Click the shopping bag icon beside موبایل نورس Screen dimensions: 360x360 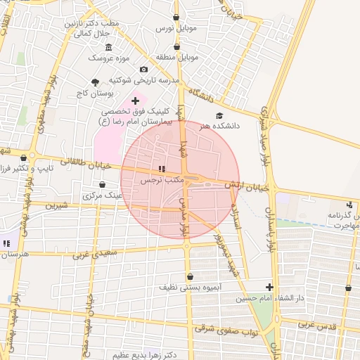(176, 17)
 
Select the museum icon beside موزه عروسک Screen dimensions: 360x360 (108, 47)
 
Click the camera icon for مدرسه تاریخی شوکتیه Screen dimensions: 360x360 (144, 69)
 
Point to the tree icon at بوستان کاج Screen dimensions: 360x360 (95, 82)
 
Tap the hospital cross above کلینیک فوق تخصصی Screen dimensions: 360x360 (135, 101)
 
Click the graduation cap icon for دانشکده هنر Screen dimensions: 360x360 (219, 115)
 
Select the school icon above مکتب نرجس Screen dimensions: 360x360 (162, 169)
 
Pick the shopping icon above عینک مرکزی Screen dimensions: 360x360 (103, 185)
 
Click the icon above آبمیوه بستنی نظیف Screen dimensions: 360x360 (190, 276)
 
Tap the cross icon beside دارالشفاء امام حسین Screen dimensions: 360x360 (270, 287)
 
